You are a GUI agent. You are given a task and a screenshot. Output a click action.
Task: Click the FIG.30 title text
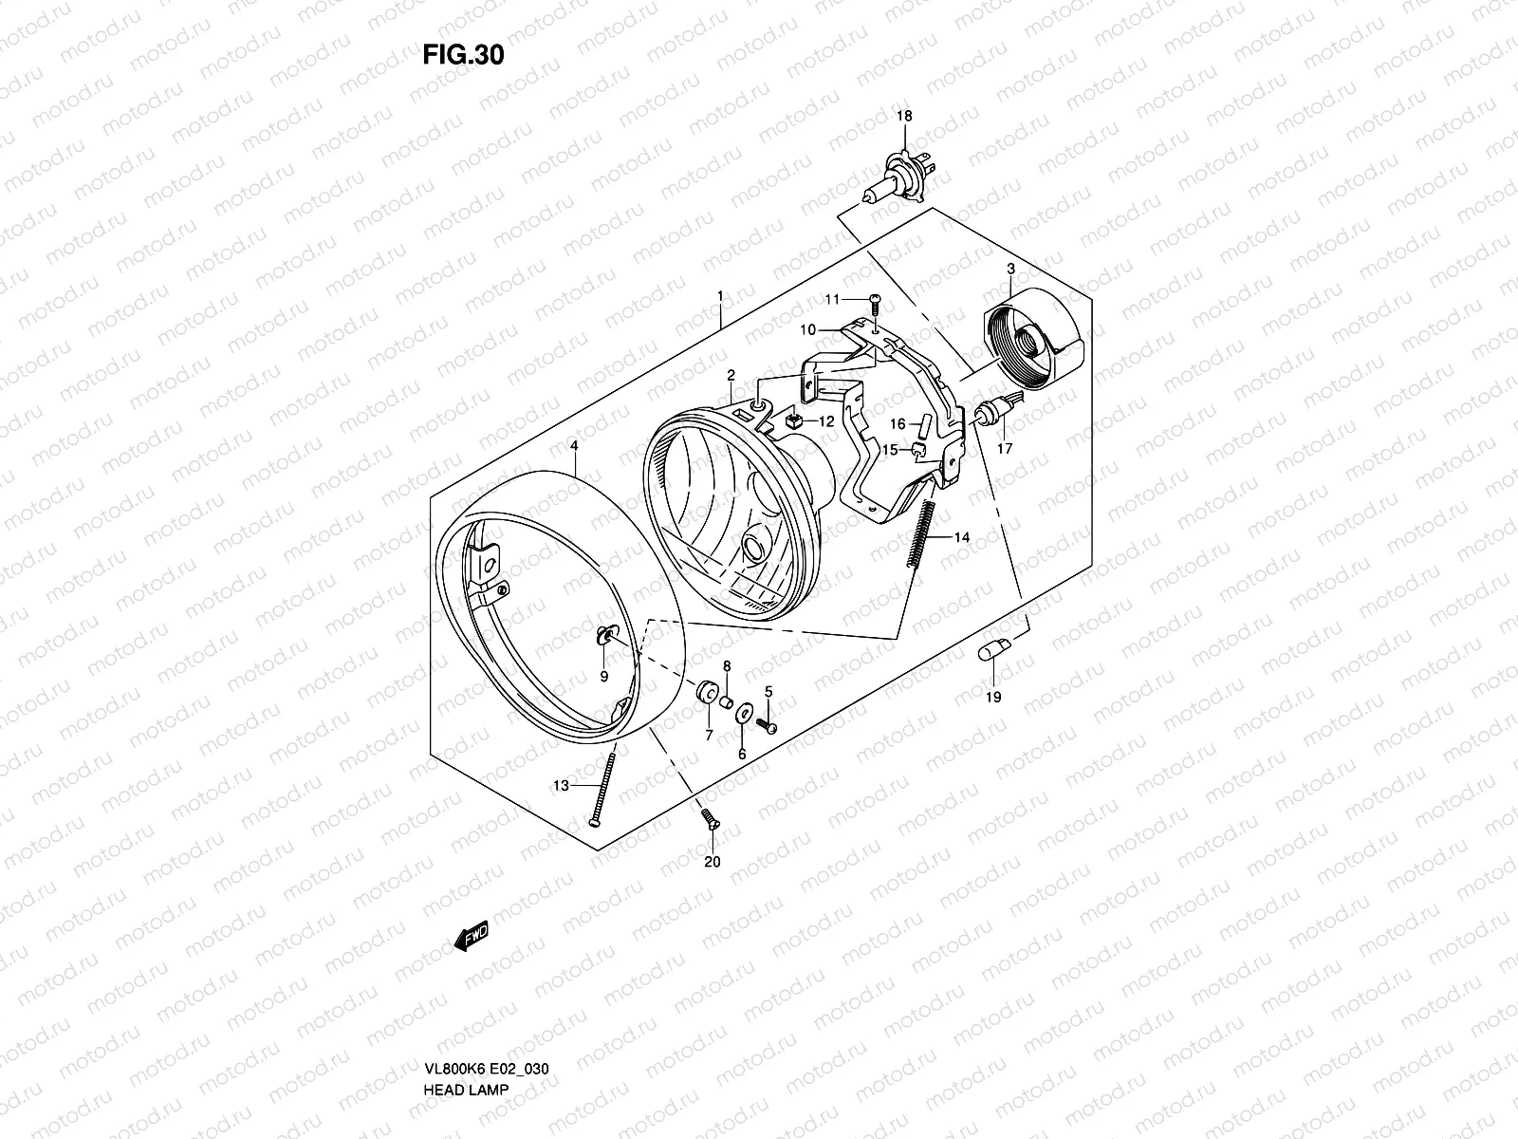(x=463, y=55)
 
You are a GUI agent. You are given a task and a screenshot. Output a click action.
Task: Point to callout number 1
(x=720, y=296)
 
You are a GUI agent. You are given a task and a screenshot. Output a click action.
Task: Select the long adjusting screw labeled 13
(x=604, y=786)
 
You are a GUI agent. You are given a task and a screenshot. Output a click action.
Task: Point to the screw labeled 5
(x=768, y=724)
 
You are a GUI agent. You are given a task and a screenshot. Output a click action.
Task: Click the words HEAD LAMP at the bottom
(x=465, y=1036)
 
